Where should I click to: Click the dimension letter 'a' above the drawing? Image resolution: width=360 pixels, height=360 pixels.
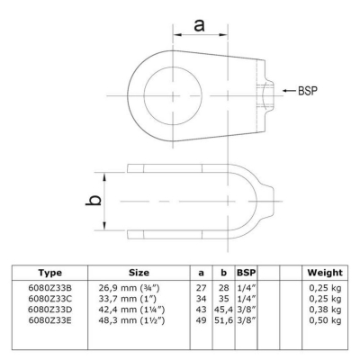pyautogui.click(x=199, y=24)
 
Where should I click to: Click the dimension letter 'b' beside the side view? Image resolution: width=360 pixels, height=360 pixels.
pyautogui.click(x=94, y=201)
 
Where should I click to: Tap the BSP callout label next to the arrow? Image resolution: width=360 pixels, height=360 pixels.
pyautogui.click(x=308, y=91)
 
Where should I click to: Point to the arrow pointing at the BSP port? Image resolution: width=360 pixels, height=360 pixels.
pyautogui.click(x=289, y=91)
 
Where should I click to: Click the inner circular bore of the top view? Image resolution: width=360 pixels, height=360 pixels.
pyautogui.click(x=173, y=95)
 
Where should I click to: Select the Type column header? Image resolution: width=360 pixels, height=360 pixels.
pyautogui.click(x=50, y=273)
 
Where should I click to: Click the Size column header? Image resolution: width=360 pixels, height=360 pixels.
pyautogui.click(x=139, y=273)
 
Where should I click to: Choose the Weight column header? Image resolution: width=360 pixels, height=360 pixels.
pyautogui.click(x=325, y=273)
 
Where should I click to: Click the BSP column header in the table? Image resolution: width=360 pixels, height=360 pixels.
pyautogui.click(x=247, y=273)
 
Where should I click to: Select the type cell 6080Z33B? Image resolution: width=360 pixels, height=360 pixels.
pyautogui.click(x=50, y=288)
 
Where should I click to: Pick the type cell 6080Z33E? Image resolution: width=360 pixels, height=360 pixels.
pyautogui.click(x=50, y=320)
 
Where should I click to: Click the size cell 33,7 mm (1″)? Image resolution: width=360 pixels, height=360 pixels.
pyautogui.click(x=128, y=299)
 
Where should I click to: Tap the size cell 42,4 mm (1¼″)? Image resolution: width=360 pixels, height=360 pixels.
pyautogui.click(x=131, y=310)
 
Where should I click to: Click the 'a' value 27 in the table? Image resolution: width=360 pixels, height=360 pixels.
pyautogui.click(x=201, y=288)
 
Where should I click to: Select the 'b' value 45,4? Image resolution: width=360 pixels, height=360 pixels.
pyautogui.click(x=223, y=310)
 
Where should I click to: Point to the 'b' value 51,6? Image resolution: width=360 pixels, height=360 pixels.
pyautogui.click(x=223, y=320)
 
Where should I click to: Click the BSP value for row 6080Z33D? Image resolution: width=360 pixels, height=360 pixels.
pyautogui.click(x=246, y=310)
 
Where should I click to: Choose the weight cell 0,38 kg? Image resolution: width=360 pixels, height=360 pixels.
pyautogui.click(x=325, y=310)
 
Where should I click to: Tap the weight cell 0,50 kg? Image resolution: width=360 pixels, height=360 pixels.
pyautogui.click(x=325, y=320)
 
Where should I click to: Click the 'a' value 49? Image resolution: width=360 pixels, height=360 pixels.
pyautogui.click(x=201, y=320)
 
